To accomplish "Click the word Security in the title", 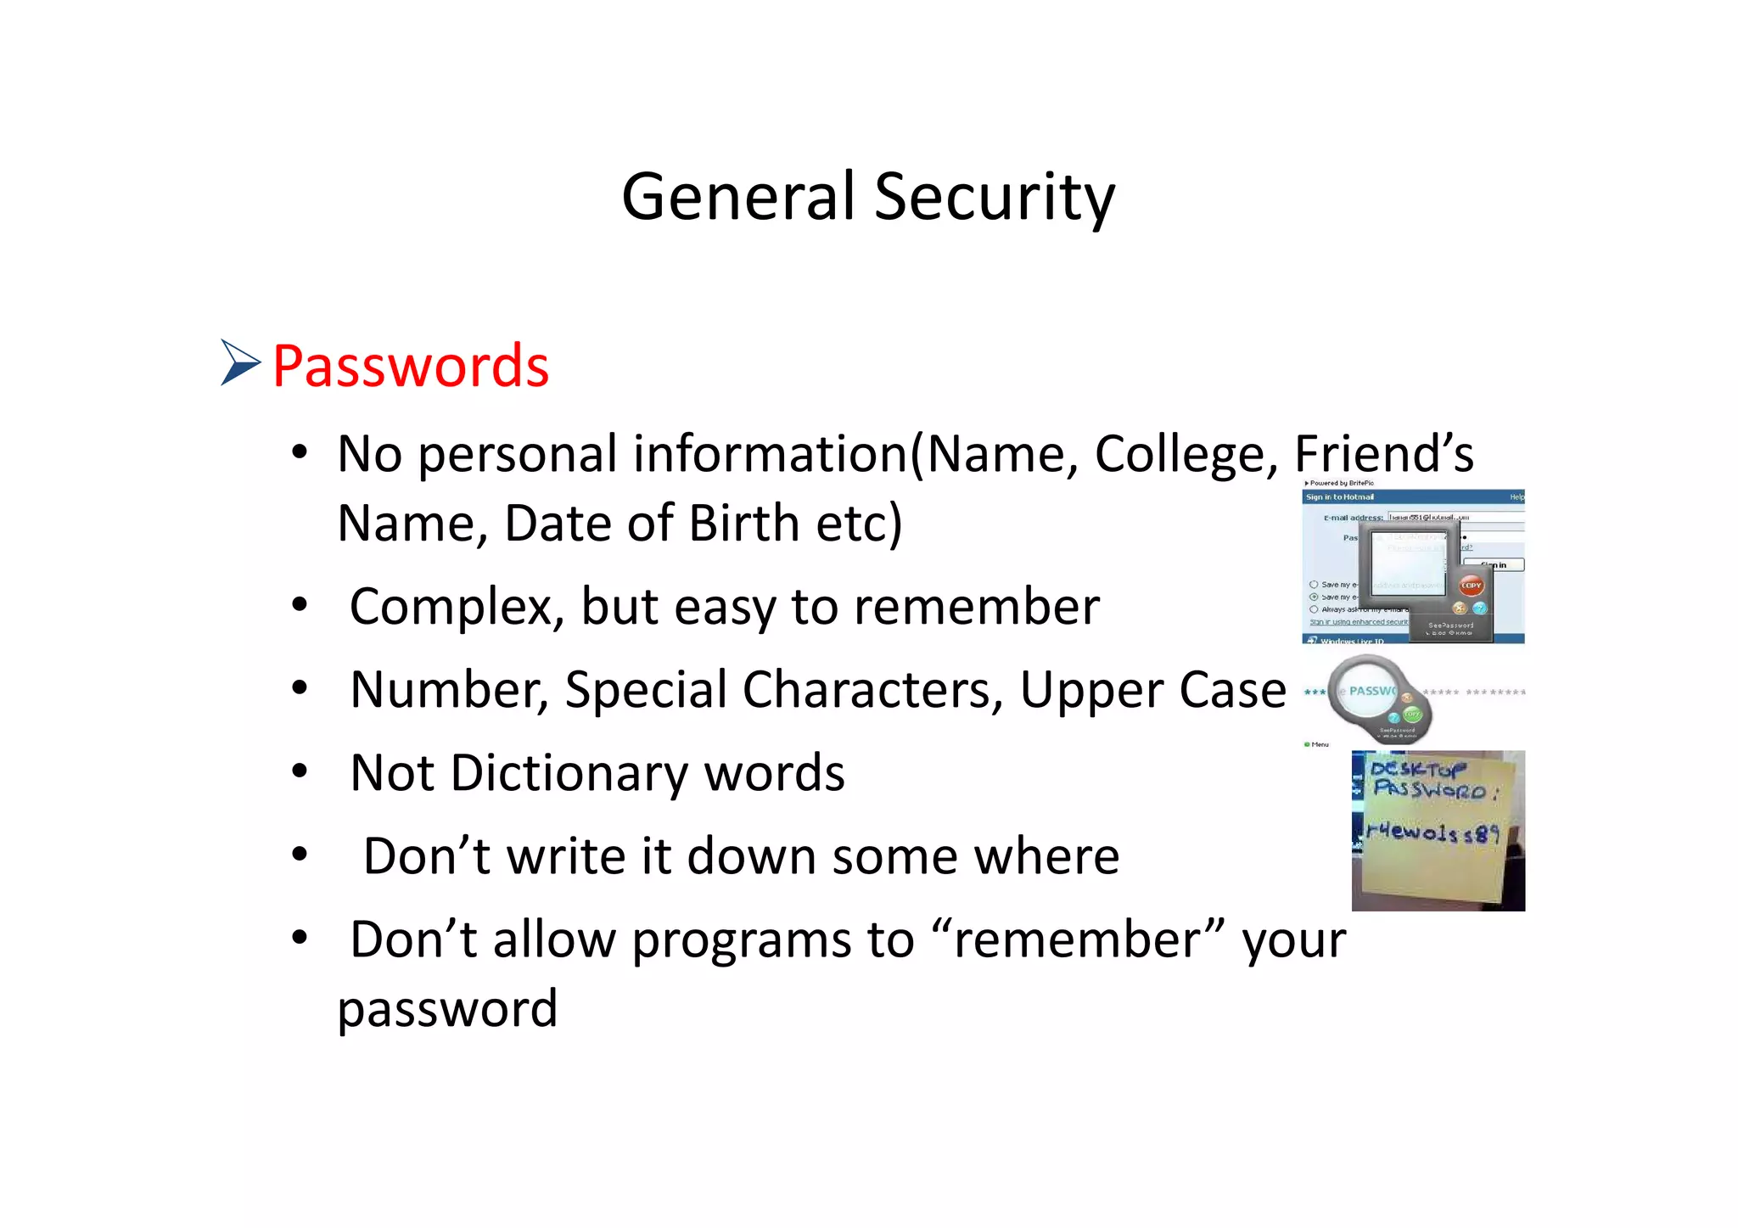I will (x=994, y=197).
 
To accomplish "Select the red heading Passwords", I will (x=411, y=367).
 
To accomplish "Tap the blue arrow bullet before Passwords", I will (x=240, y=362).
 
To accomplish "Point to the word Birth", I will (x=743, y=523).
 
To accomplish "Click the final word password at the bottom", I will (x=447, y=1009).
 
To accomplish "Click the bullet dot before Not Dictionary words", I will (x=299, y=771).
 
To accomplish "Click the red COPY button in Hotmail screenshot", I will (x=1471, y=586).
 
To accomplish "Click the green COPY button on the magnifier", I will (x=1412, y=714).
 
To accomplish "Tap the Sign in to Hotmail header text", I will (x=1339, y=497).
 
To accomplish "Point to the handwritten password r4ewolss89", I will (x=1432, y=833).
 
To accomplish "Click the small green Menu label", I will (x=1318, y=744).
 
